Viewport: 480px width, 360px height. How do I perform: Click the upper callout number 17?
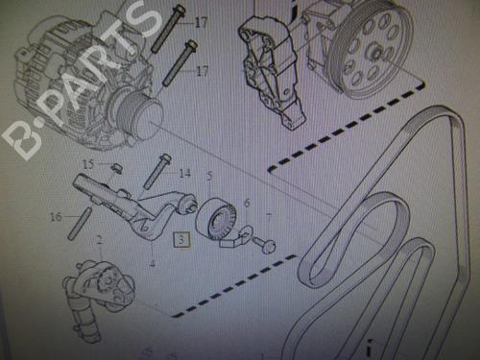click(201, 22)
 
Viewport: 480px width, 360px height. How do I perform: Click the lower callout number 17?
click(203, 70)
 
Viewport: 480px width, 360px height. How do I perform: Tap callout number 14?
click(184, 173)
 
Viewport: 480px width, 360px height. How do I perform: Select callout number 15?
click(88, 164)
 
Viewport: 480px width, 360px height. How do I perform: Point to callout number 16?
click(56, 217)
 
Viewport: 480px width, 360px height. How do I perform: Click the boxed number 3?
click(181, 239)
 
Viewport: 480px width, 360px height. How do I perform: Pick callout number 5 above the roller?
click(209, 176)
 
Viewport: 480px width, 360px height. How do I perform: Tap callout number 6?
click(247, 203)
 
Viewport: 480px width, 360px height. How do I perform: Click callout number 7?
click(269, 218)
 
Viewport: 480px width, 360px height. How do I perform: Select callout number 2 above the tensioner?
click(100, 240)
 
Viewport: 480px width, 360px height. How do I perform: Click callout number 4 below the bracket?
click(153, 263)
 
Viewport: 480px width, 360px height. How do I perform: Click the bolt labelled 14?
click(157, 172)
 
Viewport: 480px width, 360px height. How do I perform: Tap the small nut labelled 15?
click(117, 168)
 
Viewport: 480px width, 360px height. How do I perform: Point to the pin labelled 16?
click(80, 224)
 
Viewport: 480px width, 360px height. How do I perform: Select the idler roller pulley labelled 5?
click(216, 219)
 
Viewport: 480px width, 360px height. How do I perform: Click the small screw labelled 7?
click(264, 244)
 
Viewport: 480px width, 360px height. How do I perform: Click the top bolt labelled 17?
click(168, 28)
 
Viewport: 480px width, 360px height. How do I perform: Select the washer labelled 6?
click(246, 231)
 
